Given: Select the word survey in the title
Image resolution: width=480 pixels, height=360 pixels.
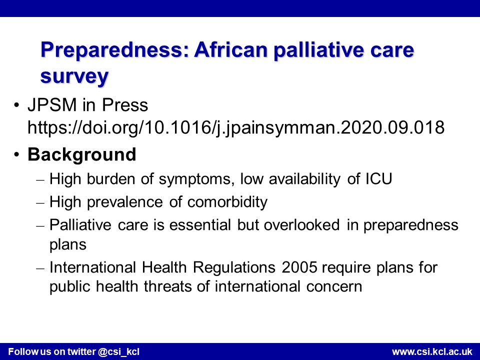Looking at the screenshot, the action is (x=74, y=76).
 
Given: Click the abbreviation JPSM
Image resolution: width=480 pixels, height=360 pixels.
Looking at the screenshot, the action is (x=52, y=105).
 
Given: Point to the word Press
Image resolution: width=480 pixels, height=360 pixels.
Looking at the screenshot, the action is (x=125, y=105).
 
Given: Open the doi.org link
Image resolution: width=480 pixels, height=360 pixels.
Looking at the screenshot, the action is (x=235, y=127).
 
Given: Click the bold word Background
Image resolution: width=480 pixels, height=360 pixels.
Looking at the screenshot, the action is (x=81, y=154).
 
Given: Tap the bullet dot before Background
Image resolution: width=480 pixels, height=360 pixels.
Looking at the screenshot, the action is (x=16, y=154).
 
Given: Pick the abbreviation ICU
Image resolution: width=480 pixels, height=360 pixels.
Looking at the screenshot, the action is (x=378, y=179).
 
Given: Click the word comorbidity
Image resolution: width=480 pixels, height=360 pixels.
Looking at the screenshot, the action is (x=227, y=202).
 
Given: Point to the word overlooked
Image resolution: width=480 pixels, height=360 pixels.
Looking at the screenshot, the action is (x=301, y=225).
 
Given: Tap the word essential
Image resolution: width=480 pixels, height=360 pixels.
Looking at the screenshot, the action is (x=200, y=225).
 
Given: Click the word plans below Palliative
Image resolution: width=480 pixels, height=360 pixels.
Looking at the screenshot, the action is (x=68, y=245).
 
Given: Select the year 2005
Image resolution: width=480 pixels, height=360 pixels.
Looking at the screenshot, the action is (x=299, y=267).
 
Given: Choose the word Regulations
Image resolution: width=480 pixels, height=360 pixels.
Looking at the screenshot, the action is (x=234, y=268).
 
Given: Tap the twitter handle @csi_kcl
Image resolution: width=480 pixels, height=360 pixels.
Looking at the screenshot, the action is (x=119, y=351).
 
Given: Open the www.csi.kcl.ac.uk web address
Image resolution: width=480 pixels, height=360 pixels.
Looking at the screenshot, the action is (x=432, y=351).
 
